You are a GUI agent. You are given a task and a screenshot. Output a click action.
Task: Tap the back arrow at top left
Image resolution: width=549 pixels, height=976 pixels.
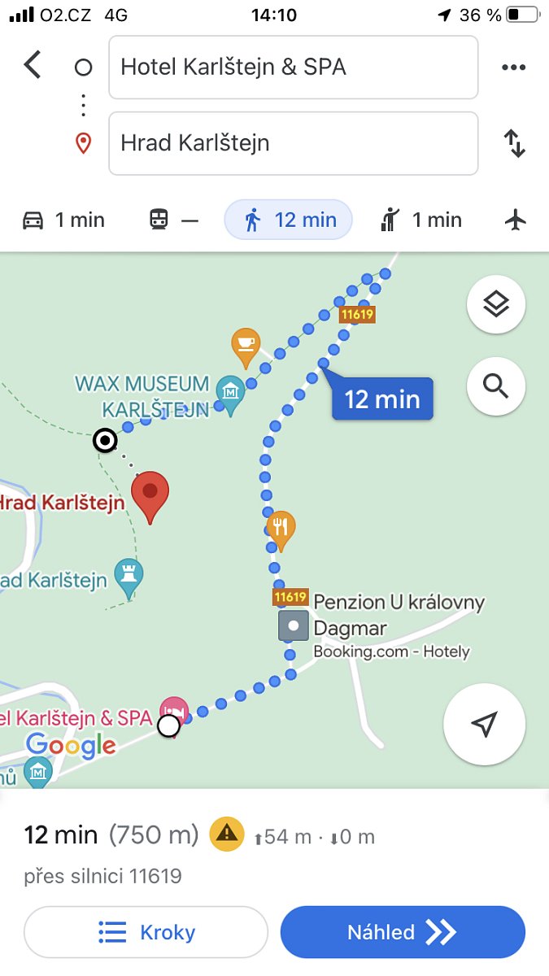[33, 65]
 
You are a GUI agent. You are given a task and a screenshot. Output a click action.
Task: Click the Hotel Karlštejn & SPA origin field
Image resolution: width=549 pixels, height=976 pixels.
[293, 67]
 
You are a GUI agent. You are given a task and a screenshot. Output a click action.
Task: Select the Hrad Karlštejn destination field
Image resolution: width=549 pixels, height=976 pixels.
[293, 143]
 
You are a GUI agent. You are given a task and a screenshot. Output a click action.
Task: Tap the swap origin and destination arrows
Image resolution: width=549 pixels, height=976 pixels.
[514, 143]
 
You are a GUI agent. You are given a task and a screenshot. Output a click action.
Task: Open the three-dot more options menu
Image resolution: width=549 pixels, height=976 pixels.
[514, 68]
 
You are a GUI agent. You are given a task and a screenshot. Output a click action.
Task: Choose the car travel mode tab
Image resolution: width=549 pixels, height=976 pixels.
[63, 220]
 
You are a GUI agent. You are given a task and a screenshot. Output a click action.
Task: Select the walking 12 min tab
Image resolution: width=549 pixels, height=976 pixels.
[289, 220]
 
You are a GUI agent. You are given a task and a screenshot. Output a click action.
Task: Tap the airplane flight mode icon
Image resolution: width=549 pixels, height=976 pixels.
[516, 220]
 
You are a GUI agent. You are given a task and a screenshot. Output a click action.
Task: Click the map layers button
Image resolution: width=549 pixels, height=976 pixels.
[496, 305]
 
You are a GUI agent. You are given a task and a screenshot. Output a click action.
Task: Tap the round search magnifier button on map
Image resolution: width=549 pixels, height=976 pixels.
[496, 386]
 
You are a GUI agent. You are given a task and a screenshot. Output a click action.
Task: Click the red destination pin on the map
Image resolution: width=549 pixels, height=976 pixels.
[150, 495]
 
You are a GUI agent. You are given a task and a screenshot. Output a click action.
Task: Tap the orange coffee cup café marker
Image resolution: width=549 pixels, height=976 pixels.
[245, 346]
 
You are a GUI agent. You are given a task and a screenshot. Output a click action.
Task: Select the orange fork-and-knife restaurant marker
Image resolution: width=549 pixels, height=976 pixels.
[280, 529]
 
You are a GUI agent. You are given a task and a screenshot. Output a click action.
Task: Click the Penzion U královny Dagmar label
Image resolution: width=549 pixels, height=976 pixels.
[399, 615]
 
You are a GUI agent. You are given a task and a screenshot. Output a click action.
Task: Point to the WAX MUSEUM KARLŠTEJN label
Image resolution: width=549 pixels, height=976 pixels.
[143, 395]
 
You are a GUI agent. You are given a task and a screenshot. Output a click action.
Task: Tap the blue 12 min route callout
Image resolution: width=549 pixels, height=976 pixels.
[382, 399]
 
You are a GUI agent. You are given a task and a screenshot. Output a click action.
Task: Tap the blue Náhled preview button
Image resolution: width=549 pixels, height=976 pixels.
[403, 932]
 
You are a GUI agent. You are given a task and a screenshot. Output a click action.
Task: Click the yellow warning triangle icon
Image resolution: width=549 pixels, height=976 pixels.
[227, 834]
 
